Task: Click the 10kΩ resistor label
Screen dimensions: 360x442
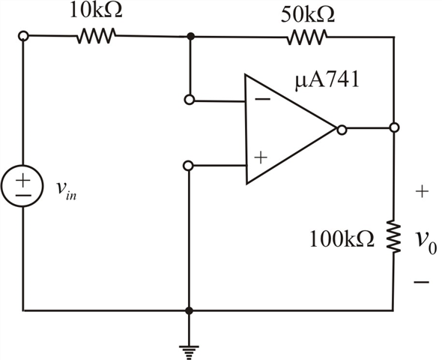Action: coord(95,13)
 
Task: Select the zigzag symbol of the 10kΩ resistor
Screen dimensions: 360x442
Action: coord(95,36)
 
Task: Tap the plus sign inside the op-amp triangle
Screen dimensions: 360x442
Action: coord(260,157)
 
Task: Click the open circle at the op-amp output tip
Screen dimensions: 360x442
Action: coord(341,129)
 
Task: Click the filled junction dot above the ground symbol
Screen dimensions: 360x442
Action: coord(190,310)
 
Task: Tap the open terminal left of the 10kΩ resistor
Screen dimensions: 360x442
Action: coord(24,35)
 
